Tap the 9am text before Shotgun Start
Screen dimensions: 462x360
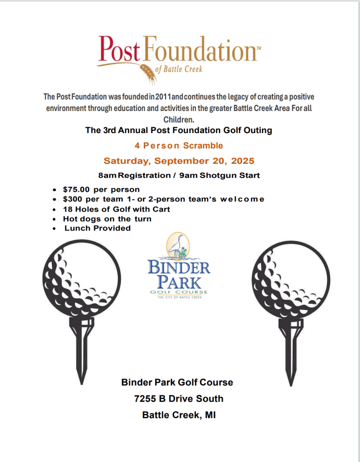[x=188, y=175]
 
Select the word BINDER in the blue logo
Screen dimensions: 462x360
[x=179, y=268]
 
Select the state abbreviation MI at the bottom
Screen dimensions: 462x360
[x=210, y=415]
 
